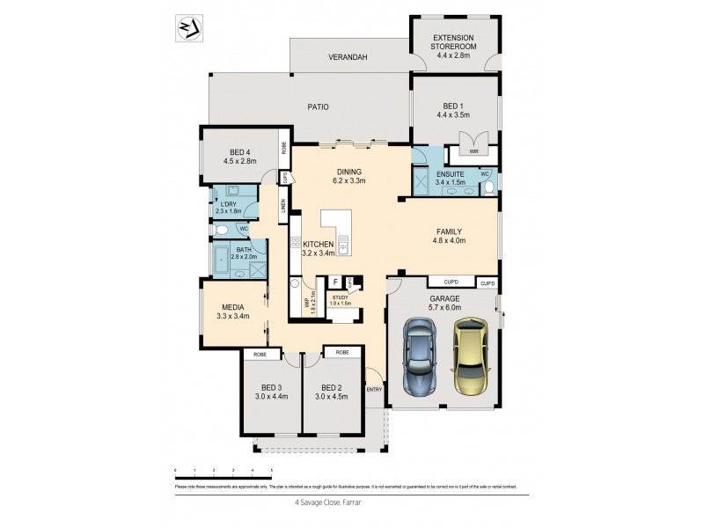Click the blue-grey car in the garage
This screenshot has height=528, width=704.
tap(420, 359)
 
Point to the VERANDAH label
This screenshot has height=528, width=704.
tap(348, 57)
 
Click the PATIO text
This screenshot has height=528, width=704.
tap(318, 107)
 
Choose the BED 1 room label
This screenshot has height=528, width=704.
tap(453, 109)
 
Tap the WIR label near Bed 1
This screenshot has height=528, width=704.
tap(473, 151)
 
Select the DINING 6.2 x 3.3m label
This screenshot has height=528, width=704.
tap(349, 176)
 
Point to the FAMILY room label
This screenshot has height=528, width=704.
tap(447, 236)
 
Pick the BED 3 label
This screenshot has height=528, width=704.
tap(271, 392)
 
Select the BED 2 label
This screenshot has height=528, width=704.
tap(331, 392)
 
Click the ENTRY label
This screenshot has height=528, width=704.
tap(374, 390)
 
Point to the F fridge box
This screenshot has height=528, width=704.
tap(334, 282)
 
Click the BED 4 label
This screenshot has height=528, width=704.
tap(238, 157)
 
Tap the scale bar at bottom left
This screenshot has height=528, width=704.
tap(224, 478)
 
